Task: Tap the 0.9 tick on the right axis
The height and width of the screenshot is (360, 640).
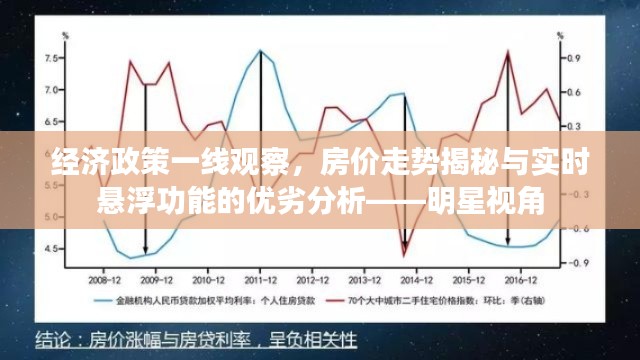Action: [574, 59]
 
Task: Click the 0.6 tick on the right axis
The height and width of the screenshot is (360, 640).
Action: [574, 92]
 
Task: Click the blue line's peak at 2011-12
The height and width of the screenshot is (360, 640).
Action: [260, 50]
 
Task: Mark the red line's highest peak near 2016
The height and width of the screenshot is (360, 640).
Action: [508, 52]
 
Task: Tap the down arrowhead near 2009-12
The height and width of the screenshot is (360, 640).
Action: [146, 250]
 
